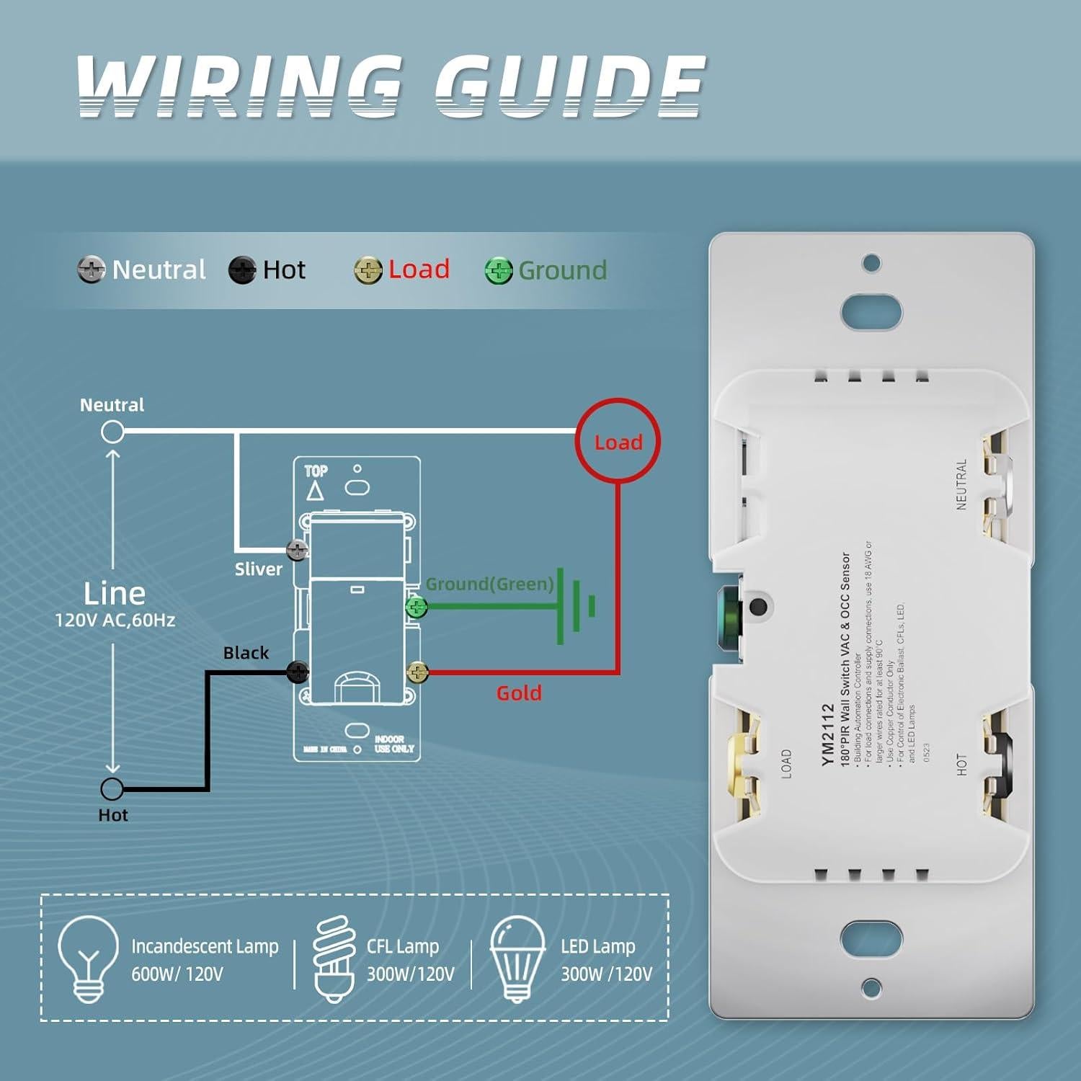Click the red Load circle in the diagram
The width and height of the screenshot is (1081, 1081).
pyautogui.click(x=618, y=441)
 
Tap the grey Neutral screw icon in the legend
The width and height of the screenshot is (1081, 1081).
pyautogui.click(x=91, y=270)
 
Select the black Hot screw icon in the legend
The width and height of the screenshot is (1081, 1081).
pyautogui.click(x=242, y=270)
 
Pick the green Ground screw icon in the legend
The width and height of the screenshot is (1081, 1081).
pyautogui.click(x=498, y=271)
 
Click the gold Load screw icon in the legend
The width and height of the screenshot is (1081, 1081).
pyautogui.click(x=368, y=270)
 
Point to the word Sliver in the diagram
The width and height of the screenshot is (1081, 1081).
pyautogui.click(x=258, y=569)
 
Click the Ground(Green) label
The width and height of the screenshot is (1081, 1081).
pyautogui.click(x=489, y=584)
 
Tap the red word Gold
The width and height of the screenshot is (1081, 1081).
pyautogui.click(x=518, y=693)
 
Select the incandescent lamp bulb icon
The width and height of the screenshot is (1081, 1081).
pyautogui.click(x=88, y=958)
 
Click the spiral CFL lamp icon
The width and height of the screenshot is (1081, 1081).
pyautogui.click(x=333, y=958)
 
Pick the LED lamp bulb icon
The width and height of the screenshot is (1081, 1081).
pyautogui.click(x=517, y=958)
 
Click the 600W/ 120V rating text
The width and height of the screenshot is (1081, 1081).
pyautogui.click(x=177, y=974)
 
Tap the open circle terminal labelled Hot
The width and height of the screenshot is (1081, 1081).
pyautogui.click(x=112, y=789)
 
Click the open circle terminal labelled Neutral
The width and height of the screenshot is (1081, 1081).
pyautogui.click(x=112, y=432)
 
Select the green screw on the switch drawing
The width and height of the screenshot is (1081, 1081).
pyautogui.click(x=417, y=607)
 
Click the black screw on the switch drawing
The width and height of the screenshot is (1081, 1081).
pyautogui.click(x=298, y=672)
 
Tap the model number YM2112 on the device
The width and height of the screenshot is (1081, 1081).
pyautogui.click(x=827, y=734)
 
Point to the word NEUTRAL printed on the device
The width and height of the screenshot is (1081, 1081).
pyautogui.click(x=961, y=485)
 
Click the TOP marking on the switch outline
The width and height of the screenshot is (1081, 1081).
pyautogui.click(x=316, y=471)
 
